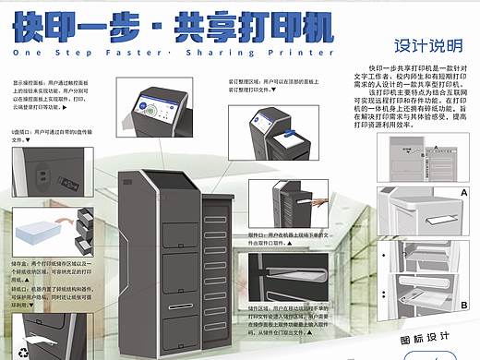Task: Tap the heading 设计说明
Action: [420, 45]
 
